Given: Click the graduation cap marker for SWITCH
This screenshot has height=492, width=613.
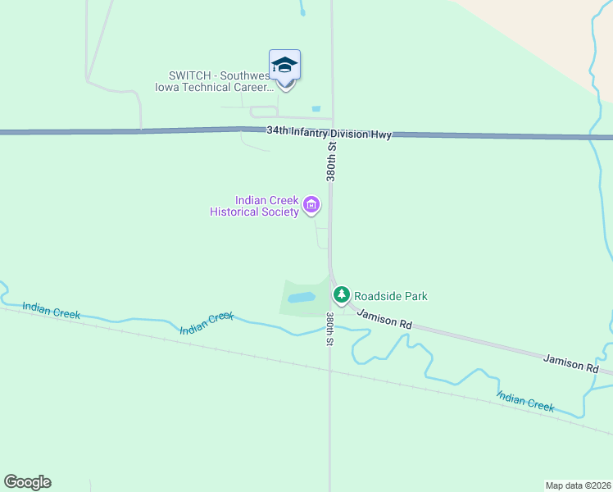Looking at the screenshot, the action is tap(284, 65).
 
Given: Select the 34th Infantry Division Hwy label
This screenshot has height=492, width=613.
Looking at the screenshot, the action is tap(329, 132).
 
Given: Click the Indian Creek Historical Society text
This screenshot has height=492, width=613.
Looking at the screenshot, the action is tap(254, 206).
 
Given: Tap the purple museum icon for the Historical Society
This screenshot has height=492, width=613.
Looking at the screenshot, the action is tap(311, 204).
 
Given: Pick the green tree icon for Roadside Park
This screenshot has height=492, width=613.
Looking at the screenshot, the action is tap(341, 294).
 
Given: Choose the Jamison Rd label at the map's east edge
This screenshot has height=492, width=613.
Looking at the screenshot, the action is tap(571, 362).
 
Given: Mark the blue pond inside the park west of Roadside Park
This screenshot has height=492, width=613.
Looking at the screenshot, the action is tap(301, 297).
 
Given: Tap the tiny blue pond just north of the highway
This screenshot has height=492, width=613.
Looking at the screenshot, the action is tap(316, 108).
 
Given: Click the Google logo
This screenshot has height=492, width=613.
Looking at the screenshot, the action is tap(27, 482).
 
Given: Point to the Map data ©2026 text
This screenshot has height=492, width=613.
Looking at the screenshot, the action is tap(578, 485).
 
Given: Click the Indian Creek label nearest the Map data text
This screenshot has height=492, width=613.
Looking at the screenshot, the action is tap(525, 401).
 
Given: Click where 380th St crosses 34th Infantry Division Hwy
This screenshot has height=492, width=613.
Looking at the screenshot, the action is tap(331, 133).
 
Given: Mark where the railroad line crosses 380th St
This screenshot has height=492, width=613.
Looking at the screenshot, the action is tap(330, 367).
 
